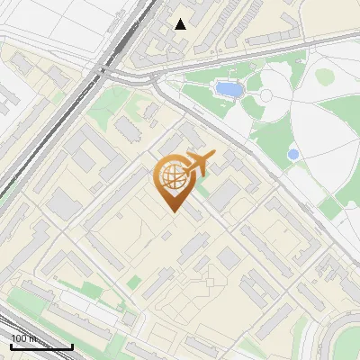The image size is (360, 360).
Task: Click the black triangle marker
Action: (x=181, y=24)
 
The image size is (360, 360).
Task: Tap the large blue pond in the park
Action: (x=229, y=89)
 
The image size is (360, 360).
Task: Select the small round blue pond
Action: (x=292, y=155)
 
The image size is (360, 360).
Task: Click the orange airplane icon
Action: (x=198, y=163)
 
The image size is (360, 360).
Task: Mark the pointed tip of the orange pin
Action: (x=173, y=212)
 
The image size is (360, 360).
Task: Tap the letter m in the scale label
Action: (x=32, y=338)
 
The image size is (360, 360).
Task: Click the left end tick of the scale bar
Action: (x=11, y=346)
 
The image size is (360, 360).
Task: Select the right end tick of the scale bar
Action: (x=72, y=346)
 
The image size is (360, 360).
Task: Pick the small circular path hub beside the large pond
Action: (x=266, y=95)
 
